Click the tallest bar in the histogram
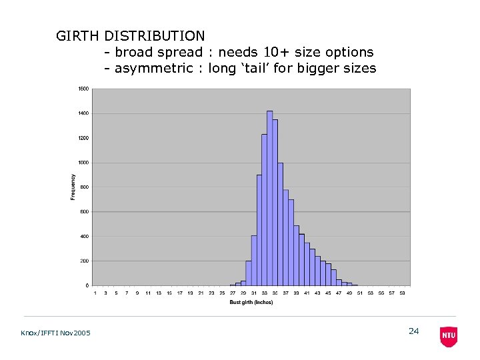coord(269,198)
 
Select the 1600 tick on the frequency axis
coord(83,89)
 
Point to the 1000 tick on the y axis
coord(83,163)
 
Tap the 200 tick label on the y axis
coord(85,261)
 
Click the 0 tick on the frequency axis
coord(87,285)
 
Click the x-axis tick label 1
coord(95,293)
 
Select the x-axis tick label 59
coord(402,293)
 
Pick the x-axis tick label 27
coord(233,293)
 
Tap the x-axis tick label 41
coord(307,293)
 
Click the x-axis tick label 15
coord(169,293)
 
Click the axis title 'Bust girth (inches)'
coord(251,303)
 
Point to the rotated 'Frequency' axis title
coord(73,187)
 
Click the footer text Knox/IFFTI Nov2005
coord(56,333)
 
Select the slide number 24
coord(413,331)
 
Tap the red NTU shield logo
coord(449,336)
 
